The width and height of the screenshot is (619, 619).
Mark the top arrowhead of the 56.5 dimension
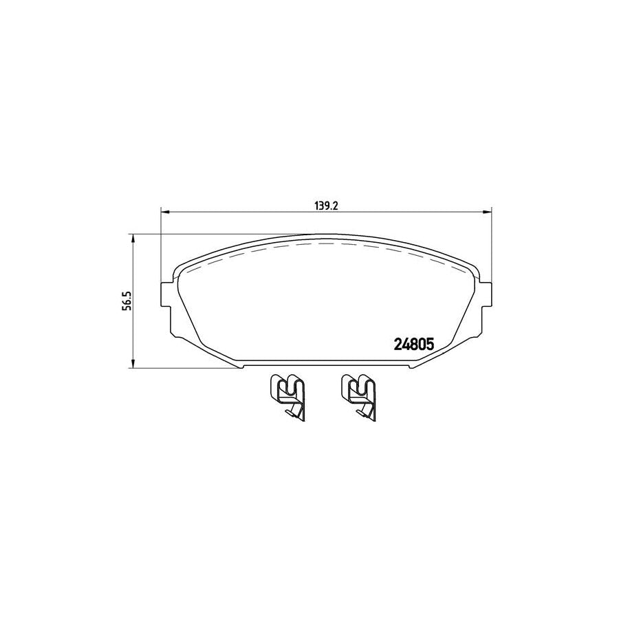tap(132, 238)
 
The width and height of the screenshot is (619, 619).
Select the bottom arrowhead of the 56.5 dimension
tap(132, 364)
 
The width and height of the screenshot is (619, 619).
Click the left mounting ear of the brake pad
tap(166, 296)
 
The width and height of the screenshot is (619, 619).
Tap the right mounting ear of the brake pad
tap(487, 296)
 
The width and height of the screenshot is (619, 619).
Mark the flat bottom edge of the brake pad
tap(326, 368)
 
